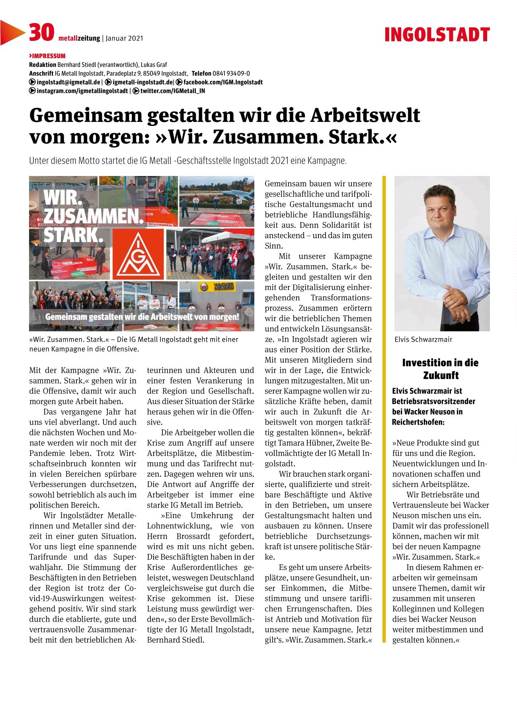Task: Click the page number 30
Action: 41,33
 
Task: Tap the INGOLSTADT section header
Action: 437,35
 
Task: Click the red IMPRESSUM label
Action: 47,56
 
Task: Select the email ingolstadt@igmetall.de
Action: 68,82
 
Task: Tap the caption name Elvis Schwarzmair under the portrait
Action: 423,340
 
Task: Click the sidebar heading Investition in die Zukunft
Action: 440,369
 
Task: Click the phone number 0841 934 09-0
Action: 231,73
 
